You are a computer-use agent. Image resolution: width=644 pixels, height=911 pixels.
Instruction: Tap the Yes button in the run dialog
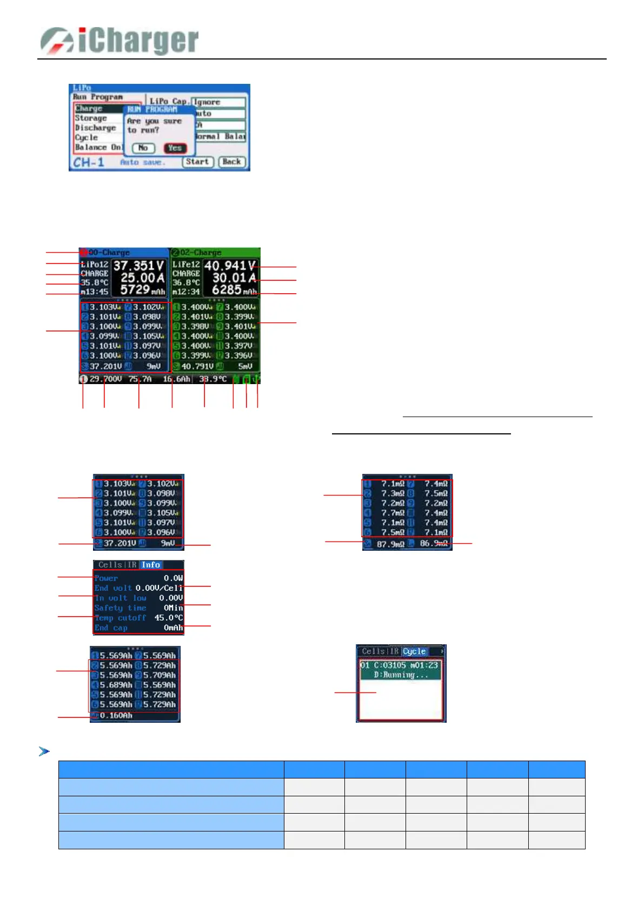[175, 148]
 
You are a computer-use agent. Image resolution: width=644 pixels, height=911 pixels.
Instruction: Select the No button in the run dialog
[143, 148]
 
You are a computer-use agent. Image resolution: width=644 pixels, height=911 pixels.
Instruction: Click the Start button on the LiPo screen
[197, 162]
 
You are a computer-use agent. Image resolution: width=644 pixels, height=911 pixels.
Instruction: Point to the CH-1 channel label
[89, 162]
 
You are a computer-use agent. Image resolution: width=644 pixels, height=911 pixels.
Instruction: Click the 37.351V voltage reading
[138, 266]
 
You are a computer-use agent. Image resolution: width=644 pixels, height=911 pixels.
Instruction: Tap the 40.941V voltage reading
[230, 266]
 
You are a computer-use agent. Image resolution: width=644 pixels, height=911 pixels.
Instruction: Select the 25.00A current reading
[142, 278]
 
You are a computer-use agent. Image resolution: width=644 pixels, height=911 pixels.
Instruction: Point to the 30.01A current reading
[234, 278]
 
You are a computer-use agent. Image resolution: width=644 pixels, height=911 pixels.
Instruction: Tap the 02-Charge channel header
[200, 253]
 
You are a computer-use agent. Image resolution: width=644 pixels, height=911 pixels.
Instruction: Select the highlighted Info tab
[151, 565]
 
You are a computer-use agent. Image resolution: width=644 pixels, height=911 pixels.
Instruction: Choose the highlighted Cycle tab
[414, 651]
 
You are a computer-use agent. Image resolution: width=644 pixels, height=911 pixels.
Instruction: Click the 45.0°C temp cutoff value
[169, 618]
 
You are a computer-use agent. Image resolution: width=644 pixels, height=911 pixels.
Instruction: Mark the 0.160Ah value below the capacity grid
[116, 716]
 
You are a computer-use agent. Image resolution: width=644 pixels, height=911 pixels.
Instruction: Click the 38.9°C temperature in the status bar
[213, 379]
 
